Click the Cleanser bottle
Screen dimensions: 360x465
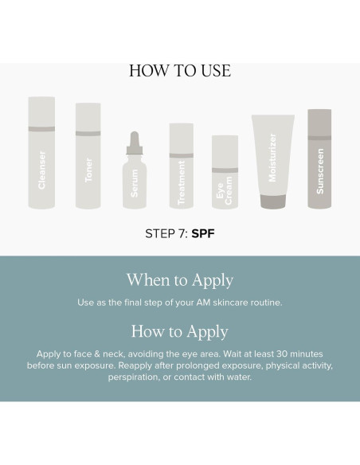(x=41, y=152)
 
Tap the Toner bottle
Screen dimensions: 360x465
(x=88, y=156)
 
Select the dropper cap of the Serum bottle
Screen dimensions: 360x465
(x=135, y=143)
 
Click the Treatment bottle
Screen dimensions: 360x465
(x=181, y=166)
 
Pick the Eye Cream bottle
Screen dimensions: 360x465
(x=225, y=172)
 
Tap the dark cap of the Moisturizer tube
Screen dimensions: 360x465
(x=273, y=201)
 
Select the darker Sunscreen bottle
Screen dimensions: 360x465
(x=319, y=158)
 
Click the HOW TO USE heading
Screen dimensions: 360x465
(x=180, y=71)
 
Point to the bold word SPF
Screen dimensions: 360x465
(x=203, y=233)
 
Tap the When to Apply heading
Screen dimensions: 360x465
(x=180, y=280)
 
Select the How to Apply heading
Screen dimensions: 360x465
(x=180, y=332)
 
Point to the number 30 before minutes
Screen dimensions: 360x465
(x=282, y=354)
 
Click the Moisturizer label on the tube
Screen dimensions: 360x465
(x=272, y=158)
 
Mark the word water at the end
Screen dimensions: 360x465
(x=239, y=377)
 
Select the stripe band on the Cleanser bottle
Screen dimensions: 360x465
(x=41, y=129)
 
